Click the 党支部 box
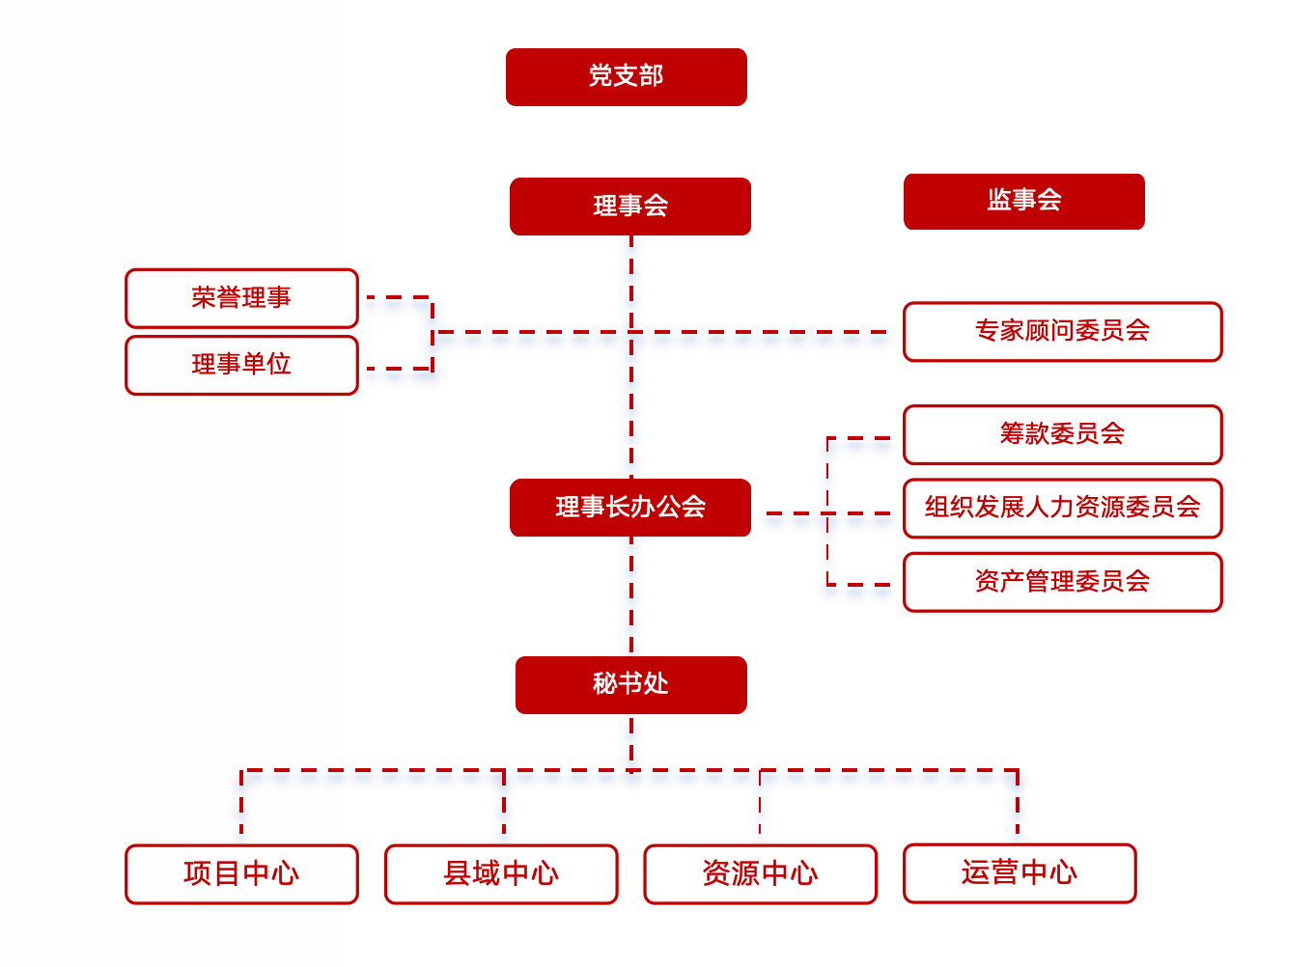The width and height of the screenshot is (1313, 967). click(626, 77)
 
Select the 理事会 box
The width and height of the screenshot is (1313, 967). click(629, 207)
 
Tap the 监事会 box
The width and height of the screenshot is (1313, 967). click(1023, 202)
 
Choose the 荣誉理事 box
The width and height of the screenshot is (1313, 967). click(241, 298)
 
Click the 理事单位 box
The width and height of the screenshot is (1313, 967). click(241, 365)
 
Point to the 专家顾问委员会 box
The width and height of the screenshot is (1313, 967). click(1062, 331)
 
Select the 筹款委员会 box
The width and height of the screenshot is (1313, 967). click(1062, 434)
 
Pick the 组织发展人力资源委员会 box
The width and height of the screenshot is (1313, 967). click(1062, 508)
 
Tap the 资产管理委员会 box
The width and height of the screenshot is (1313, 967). click(1062, 582)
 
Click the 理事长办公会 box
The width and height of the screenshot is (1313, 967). click(629, 508)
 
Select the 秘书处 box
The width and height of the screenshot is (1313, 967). click(630, 685)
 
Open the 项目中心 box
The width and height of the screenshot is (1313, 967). click(241, 874)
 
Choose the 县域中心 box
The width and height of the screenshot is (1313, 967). click(500, 874)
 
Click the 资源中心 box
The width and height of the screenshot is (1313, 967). click(760, 874)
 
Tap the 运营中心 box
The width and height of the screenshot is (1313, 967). click(1019, 873)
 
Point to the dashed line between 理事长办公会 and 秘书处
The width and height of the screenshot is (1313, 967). click(631, 596)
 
